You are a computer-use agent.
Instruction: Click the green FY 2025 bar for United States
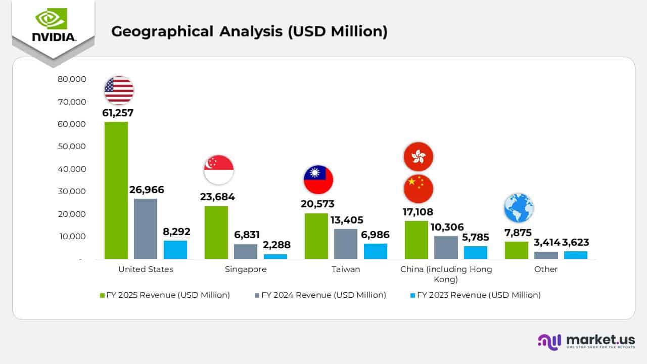coord(116,190)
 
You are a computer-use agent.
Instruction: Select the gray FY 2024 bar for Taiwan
coord(346,244)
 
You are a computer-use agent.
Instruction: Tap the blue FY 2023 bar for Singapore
coord(275,256)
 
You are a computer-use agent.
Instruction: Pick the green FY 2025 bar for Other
coord(517,250)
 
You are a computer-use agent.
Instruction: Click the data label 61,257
coord(118,113)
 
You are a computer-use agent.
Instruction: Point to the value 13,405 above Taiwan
coord(346,220)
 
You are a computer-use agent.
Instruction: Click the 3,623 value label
coord(576,242)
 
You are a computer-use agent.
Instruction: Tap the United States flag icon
coord(119,90)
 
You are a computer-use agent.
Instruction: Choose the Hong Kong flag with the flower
coord(418,157)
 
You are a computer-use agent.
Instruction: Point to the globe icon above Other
coord(519,208)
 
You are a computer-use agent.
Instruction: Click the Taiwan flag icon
coord(318,180)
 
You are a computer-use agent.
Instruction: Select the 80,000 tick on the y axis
coord(72,79)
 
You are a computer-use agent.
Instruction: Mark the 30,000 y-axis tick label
coord(72,192)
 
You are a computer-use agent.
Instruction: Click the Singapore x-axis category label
coord(246,269)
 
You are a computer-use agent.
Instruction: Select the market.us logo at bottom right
coord(586,341)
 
